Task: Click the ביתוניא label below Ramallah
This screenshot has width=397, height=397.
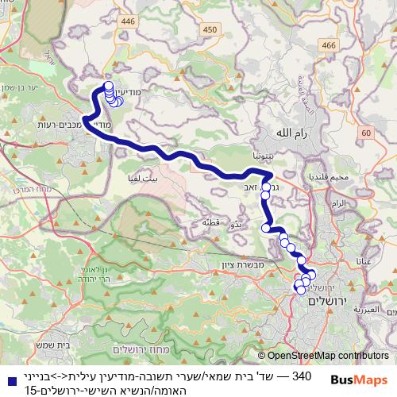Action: (x=263, y=156)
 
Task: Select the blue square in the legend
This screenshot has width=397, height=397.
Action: (x=10, y=380)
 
